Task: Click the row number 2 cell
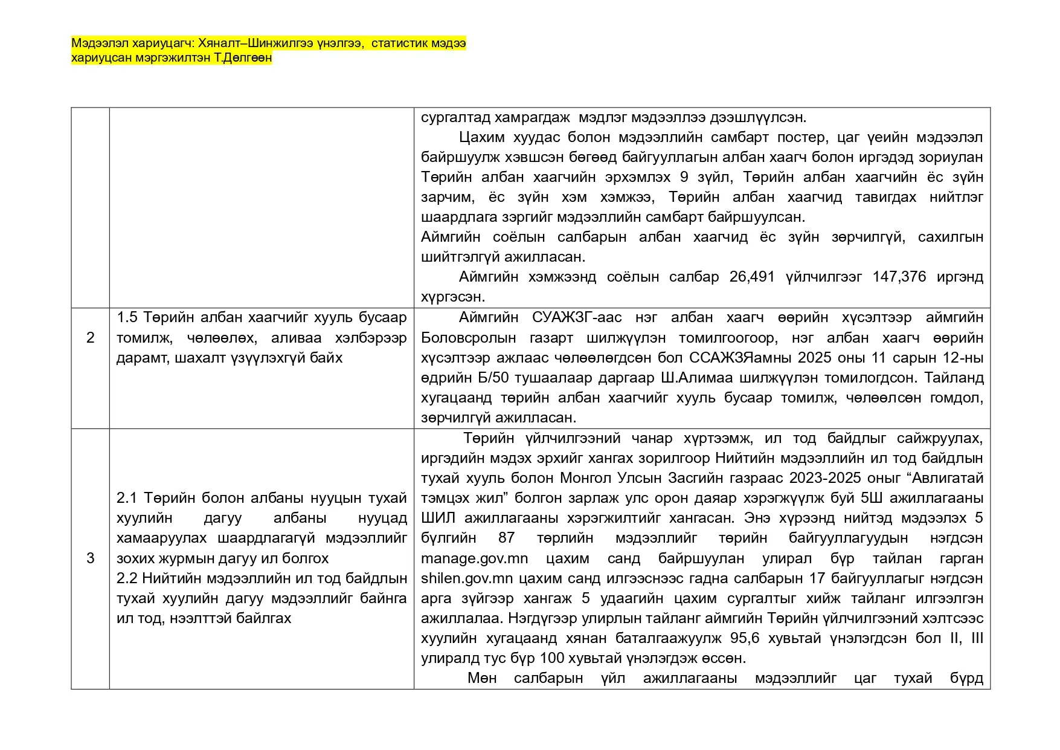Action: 91,337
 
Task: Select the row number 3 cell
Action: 91,558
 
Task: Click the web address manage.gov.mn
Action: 474,558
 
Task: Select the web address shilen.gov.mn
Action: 467,578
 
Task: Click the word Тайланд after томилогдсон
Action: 954,378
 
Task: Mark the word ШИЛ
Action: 435,518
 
